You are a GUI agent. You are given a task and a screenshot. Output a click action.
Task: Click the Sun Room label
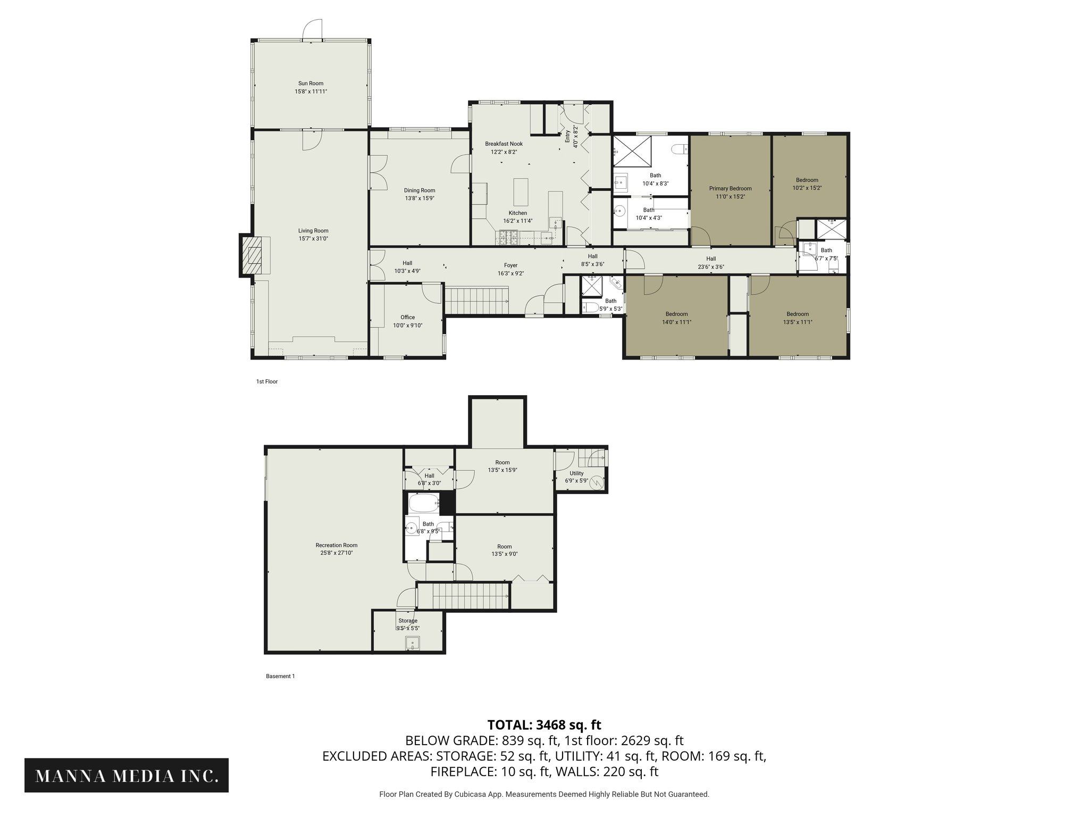click(x=311, y=84)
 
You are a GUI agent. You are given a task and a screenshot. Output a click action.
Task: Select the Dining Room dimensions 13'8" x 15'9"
click(x=420, y=198)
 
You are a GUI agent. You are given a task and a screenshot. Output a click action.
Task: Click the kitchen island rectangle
click(x=520, y=192)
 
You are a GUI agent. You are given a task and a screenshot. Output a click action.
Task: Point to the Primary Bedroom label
click(x=730, y=188)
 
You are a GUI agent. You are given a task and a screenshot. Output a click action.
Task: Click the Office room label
click(x=407, y=318)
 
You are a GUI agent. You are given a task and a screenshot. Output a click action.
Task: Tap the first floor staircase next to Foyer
click(x=476, y=301)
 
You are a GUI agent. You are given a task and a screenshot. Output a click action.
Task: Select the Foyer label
click(x=510, y=265)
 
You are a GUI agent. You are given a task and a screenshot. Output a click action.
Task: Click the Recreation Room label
click(x=336, y=545)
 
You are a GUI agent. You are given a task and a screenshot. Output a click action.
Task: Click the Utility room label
click(x=576, y=473)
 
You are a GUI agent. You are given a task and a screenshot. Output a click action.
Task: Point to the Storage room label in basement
click(x=408, y=621)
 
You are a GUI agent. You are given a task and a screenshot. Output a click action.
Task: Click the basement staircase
click(x=462, y=596)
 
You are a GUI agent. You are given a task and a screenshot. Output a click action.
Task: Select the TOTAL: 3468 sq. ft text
click(x=544, y=724)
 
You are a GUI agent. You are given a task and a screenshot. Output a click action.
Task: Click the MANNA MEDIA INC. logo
click(x=127, y=776)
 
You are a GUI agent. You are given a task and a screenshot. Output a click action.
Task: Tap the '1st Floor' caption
click(x=267, y=381)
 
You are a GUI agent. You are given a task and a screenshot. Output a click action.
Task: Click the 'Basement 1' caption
click(x=280, y=677)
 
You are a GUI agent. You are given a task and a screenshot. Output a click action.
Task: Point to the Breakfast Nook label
click(x=504, y=144)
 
